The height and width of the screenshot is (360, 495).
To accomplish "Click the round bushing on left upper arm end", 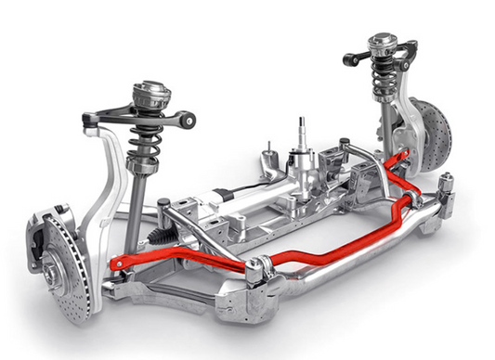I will pyautogui.click(x=189, y=119).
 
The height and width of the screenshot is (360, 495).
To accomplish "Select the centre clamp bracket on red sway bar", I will pyautogui.click(x=257, y=270).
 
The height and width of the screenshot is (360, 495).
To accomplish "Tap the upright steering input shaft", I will pyautogui.click(x=302, y=135).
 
